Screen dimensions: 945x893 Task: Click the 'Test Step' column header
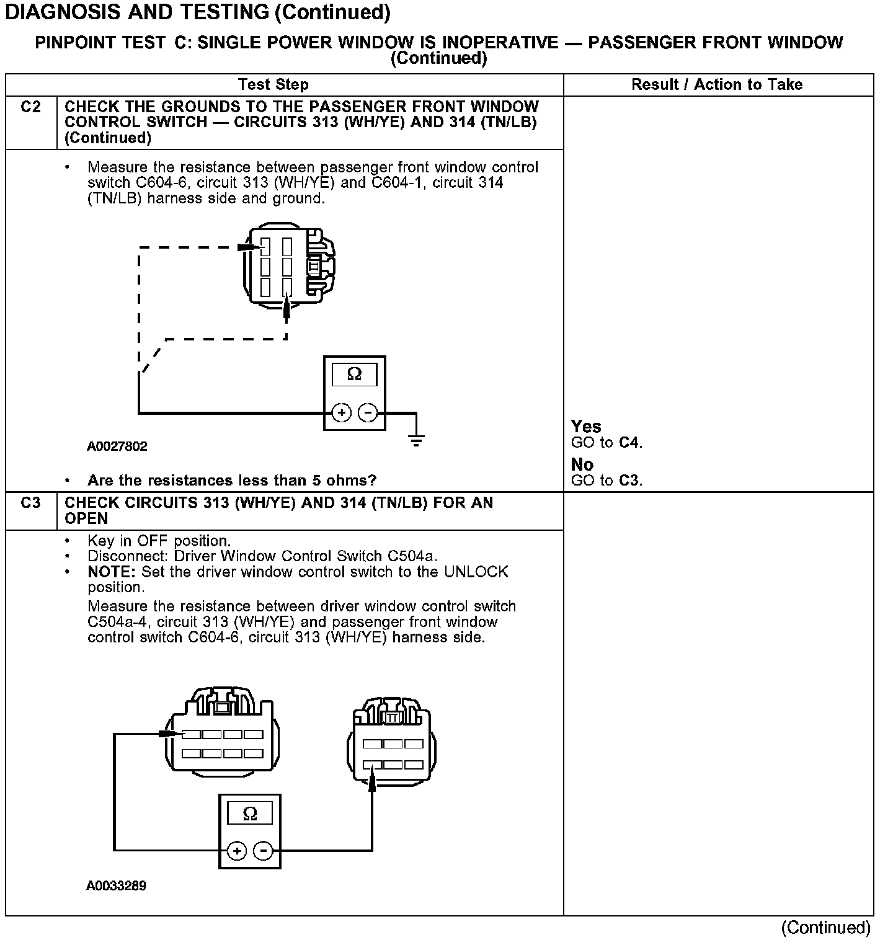click(273, 85)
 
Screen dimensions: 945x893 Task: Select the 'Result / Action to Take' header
click(717, 85)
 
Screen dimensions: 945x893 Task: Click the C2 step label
click(30, 107)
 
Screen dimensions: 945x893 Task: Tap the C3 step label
click(30, 503)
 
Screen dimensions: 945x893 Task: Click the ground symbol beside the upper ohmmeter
click(416, 440)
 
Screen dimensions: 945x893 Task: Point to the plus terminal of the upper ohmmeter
click(341, 412)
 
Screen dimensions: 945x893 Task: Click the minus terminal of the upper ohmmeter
click(368, 412)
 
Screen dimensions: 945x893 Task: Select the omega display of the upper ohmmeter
click(354, 375)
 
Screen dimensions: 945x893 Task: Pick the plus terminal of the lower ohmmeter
click(237, 851)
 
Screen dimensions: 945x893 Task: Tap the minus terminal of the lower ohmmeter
click(264, 851)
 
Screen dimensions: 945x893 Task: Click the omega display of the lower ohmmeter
click(249, 814)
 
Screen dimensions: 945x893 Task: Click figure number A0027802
click(117, 446)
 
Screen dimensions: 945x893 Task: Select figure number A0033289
click(116, 885)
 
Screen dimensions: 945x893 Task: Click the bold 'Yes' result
click(586, 427)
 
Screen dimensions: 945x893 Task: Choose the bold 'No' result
click(582, 464)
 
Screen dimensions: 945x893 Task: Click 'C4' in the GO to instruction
click(629, 443)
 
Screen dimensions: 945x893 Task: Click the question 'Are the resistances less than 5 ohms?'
click(232, 481)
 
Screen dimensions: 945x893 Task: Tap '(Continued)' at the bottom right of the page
click(825, 928)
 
